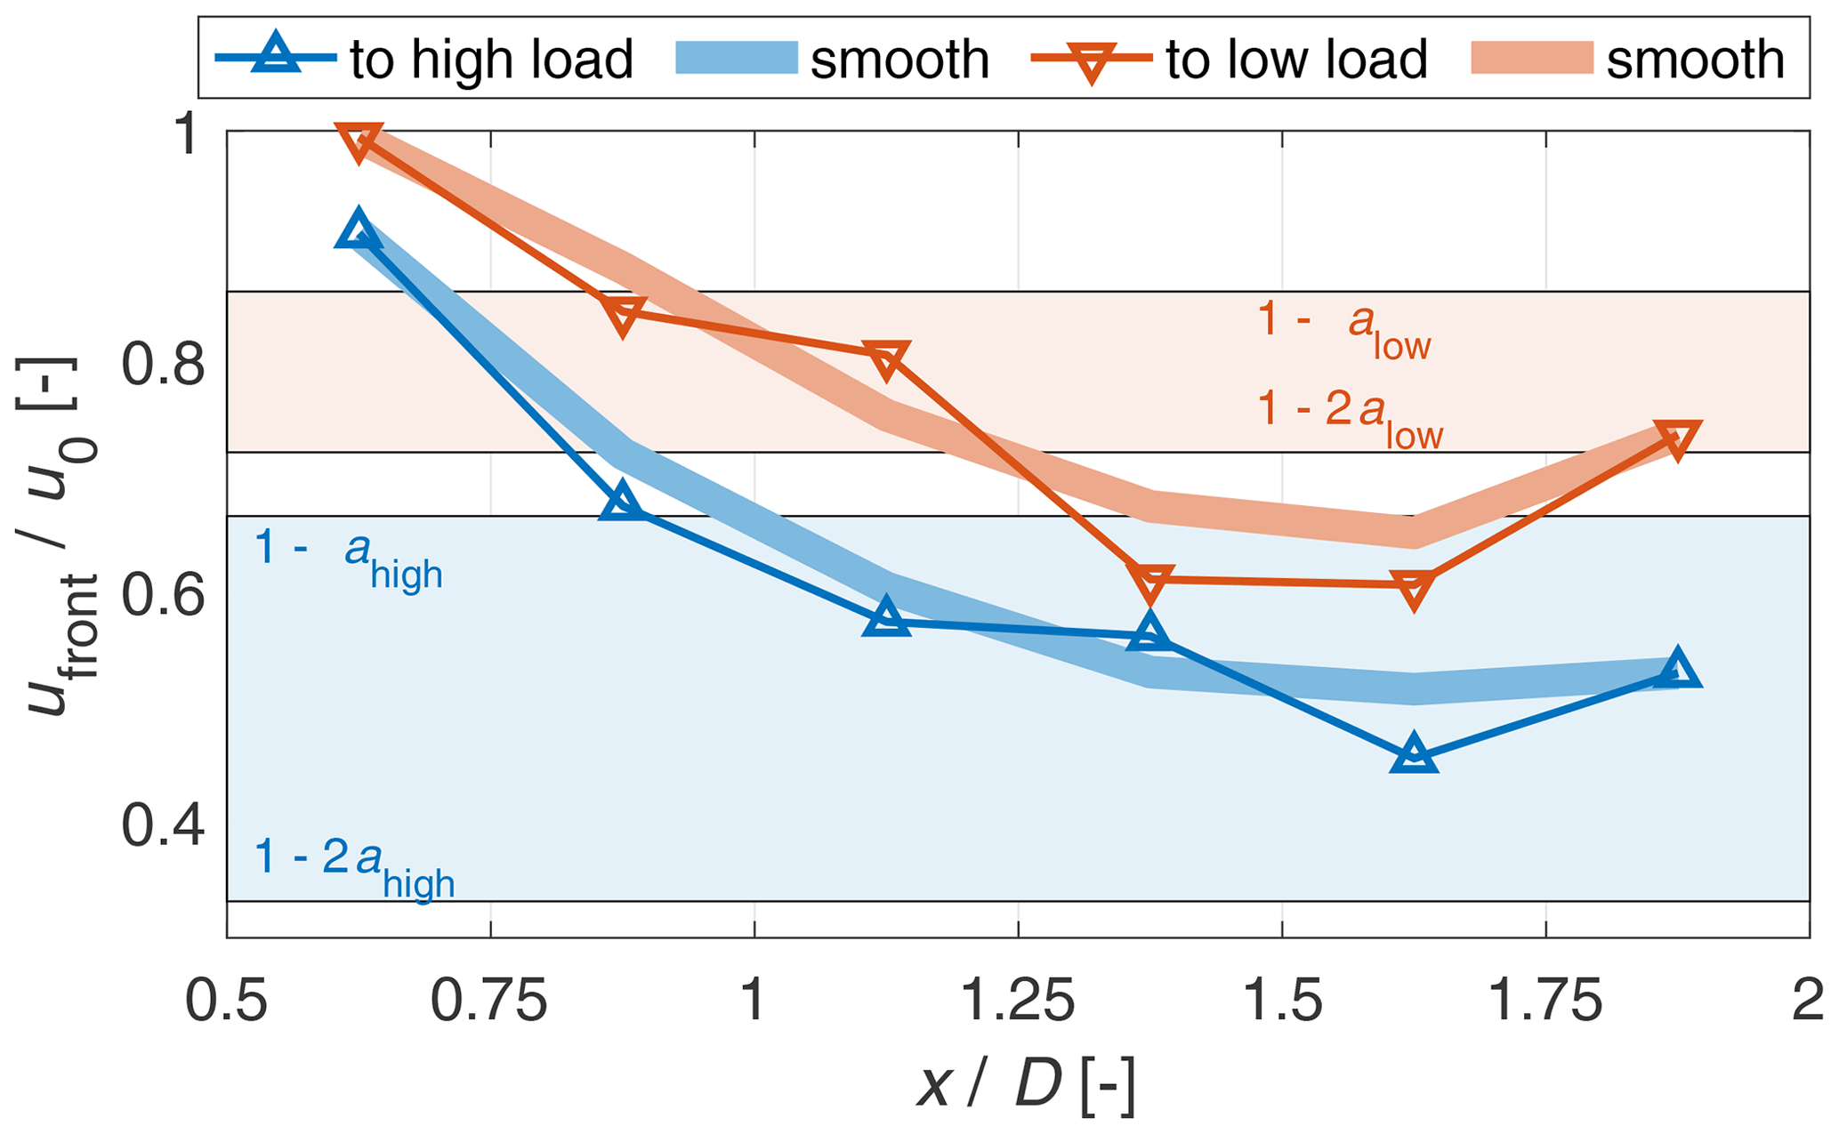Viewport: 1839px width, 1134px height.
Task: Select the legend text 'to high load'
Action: (491, 60)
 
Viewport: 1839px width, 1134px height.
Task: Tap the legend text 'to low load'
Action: (1296, 60)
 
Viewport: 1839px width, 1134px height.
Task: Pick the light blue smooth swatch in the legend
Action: (736, 59)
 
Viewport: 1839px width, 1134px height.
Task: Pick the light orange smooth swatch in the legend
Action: (1531, 59)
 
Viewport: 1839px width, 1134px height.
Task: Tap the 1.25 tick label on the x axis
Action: (1018, 1001)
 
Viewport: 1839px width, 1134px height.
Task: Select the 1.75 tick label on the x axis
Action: (1545, 1001)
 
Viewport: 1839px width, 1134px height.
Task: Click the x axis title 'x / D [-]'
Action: (1026, 1085)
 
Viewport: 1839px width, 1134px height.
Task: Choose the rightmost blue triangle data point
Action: (1677, 669)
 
